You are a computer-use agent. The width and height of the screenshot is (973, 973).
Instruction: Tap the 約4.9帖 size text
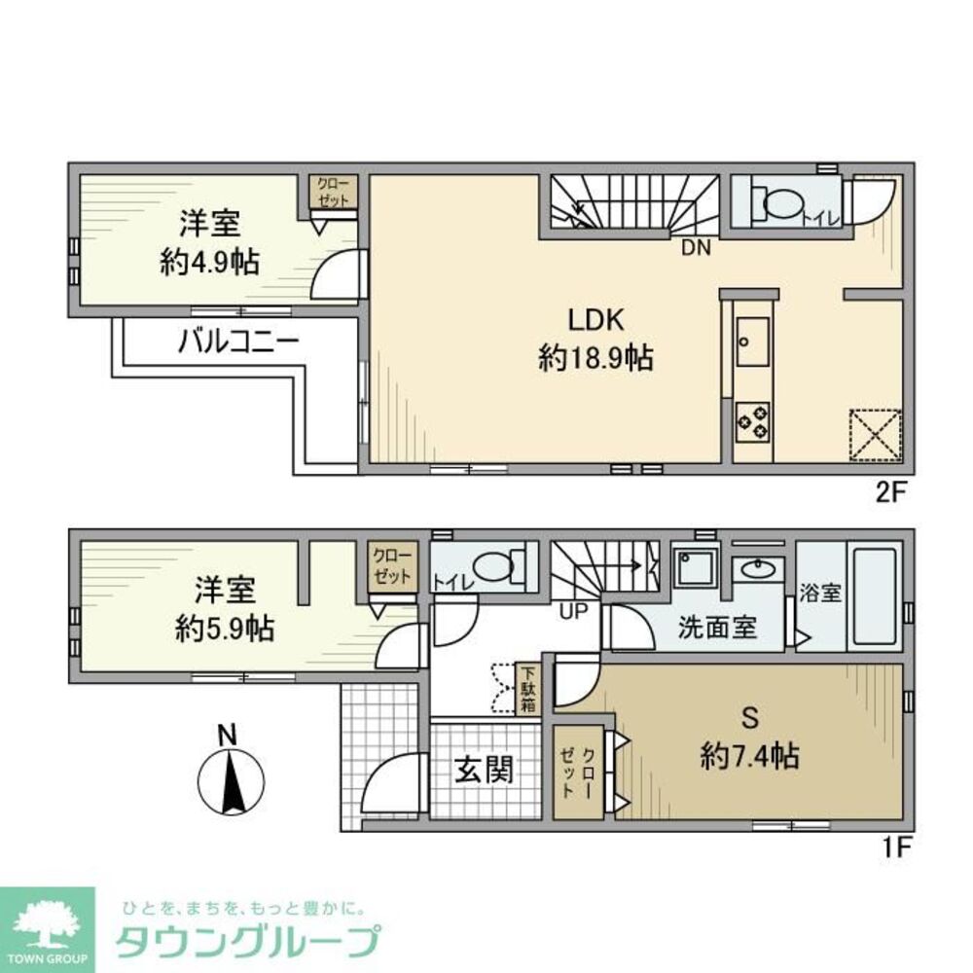click(211, 264)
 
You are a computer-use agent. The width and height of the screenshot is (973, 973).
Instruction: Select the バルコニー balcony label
click(237, 342)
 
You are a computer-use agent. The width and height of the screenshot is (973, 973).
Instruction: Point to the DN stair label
click(695, 249)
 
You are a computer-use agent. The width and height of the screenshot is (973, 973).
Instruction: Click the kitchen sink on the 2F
click(752, 341)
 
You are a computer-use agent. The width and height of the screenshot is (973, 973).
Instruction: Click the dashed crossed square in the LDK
click(875, 434)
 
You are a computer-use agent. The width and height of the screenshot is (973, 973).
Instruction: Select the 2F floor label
click(890, 491)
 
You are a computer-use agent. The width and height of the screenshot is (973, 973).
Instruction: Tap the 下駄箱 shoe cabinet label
click(527, 688)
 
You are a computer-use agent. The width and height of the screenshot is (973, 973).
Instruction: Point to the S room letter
click(750, 718)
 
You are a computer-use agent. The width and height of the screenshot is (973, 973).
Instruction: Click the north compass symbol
click(232, 778)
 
